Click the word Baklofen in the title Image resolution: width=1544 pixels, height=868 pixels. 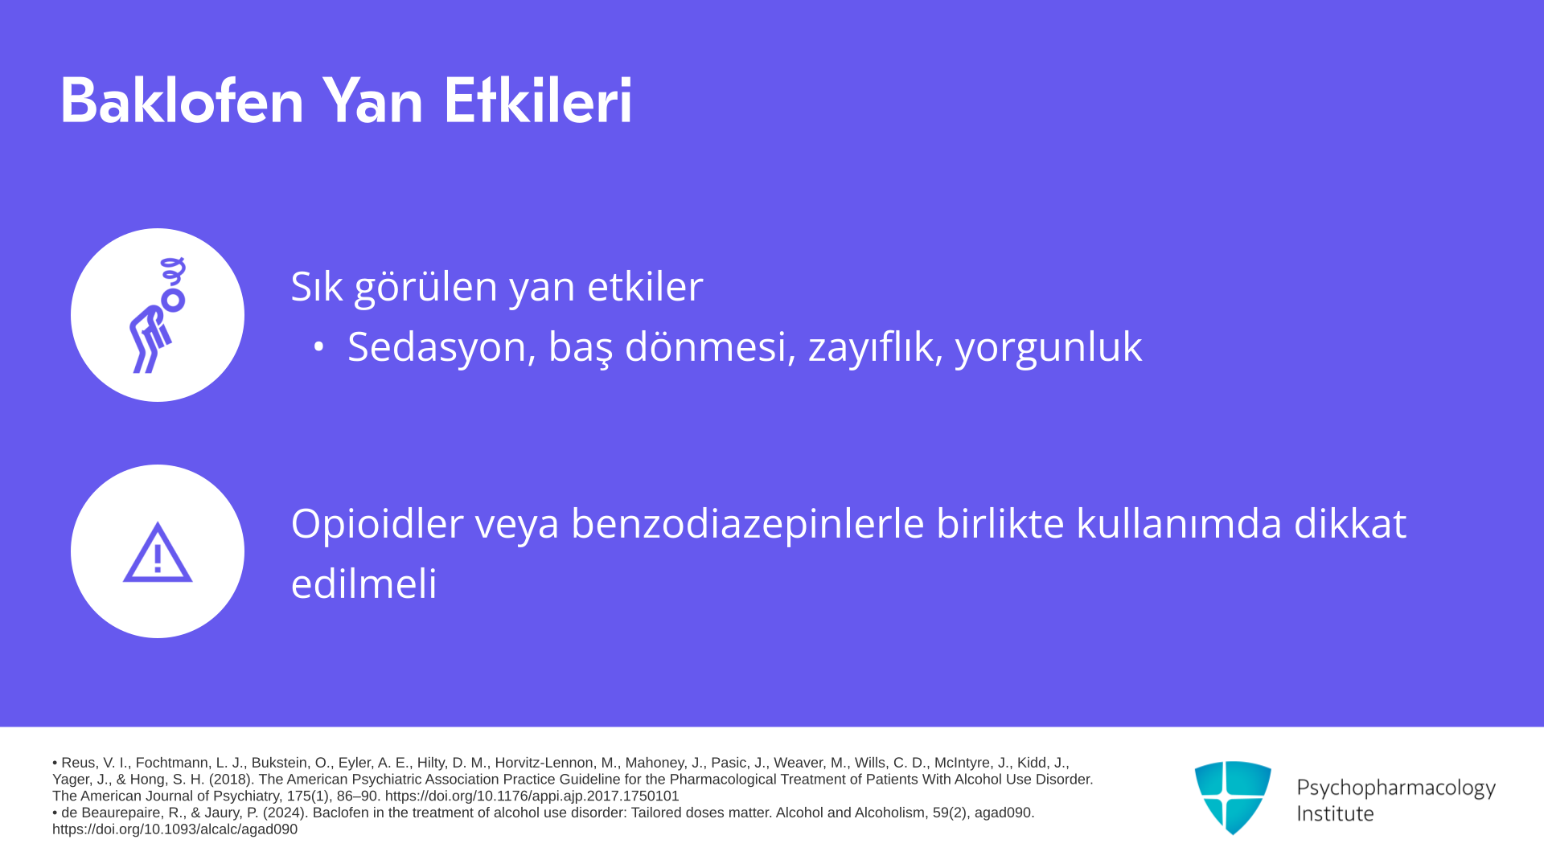point(182,100)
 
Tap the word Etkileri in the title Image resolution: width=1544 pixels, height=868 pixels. point(537,100)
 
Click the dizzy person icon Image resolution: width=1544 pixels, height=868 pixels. point(158,315)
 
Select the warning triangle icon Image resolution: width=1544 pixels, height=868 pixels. point(158,552)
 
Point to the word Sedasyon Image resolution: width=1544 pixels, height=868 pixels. point(441,346)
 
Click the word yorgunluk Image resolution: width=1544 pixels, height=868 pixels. point(1049,348)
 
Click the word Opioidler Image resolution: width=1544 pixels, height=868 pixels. point(377,523)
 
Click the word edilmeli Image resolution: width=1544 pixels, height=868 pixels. point(364,583)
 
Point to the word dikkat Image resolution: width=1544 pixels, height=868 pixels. point(1350,523)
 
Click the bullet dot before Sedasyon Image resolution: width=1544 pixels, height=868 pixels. point(319,346)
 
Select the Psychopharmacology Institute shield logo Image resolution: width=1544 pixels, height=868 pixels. point(1233,797)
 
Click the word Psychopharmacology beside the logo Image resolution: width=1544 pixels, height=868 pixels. point(1396,788)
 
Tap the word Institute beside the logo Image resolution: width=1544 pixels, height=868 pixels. point(1336,813)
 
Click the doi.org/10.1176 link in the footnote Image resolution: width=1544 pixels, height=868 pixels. point(532,796)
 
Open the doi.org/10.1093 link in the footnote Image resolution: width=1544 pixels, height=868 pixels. point(175,829)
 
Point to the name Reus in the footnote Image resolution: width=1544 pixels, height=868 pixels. point(78,763)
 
